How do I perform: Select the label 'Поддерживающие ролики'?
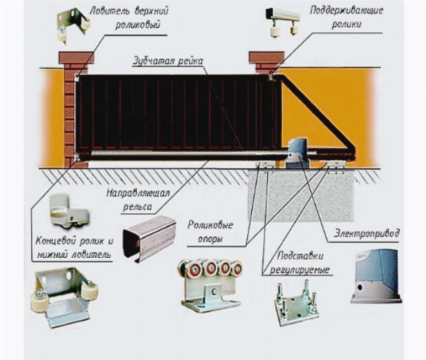pyautogui.click(x=336, y=17)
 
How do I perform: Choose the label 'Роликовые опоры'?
pyautogui.click(x=210, y=231)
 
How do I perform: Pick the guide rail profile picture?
pyautogui.click(x=148, y=237)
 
